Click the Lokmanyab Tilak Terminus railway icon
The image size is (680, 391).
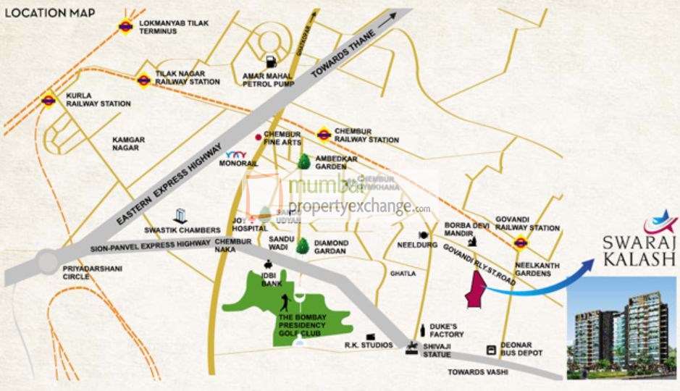[125, 27]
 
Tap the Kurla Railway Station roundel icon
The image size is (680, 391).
[49, 100]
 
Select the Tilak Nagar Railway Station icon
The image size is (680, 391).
[143, 80]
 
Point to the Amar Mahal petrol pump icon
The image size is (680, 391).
[271, 62]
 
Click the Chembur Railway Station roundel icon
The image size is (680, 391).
[324, 134]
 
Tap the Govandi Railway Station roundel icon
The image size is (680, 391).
[519, 242]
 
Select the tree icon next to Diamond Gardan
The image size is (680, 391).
[303, 246]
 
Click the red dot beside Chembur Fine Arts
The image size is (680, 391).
[257, 136]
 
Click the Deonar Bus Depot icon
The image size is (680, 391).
[492, 350]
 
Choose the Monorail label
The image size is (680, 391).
[242, 164]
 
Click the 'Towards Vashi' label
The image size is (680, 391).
[479, 371]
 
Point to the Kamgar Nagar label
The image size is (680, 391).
[128, 143]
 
